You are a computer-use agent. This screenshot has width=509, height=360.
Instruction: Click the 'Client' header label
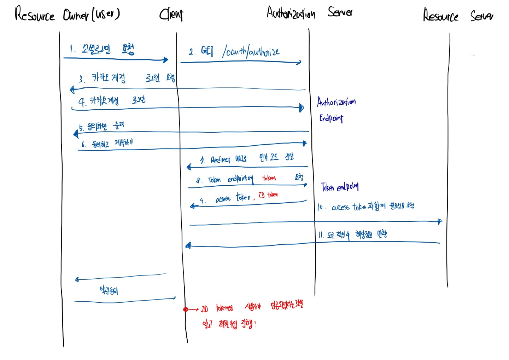tap(171, 14)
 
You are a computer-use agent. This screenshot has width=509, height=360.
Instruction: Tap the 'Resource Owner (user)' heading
tap(67, 14)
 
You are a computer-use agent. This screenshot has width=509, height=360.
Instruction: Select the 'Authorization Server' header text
tap(309, 13)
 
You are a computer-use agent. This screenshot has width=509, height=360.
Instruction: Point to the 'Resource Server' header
tap(458, 16)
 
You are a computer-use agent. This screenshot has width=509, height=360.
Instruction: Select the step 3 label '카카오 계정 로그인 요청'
tap(127, 78)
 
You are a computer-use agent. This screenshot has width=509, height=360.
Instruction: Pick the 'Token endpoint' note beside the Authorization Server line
tap(340, 187)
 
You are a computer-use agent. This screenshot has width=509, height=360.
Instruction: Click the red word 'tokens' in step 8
tap(269, 178)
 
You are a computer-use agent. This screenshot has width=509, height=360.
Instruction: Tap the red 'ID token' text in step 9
tap(268, 195)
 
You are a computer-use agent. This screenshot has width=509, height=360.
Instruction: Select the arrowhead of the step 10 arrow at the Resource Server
tap(439, 222)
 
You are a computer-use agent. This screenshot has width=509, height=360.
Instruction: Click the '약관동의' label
tap(109, 291)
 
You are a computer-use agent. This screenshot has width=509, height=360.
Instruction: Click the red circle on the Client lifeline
tap(186, 309)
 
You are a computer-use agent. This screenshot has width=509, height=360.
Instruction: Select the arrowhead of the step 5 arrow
tap(76, 133)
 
